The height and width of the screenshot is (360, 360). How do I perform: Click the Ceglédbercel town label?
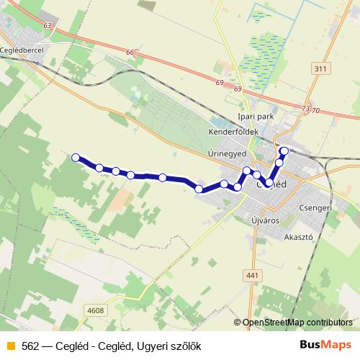pos(25,50)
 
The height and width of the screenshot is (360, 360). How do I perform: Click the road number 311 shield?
pos(321,68)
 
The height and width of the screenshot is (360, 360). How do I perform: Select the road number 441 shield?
pos(251,275)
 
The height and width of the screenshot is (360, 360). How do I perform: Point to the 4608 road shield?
pos(95,311)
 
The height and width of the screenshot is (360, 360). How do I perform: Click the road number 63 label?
pos(48,26)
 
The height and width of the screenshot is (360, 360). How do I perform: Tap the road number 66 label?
pos(130,52)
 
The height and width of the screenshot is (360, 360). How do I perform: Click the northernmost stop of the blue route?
pos(284,151)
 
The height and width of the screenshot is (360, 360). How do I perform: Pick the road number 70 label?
pos(315,110)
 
